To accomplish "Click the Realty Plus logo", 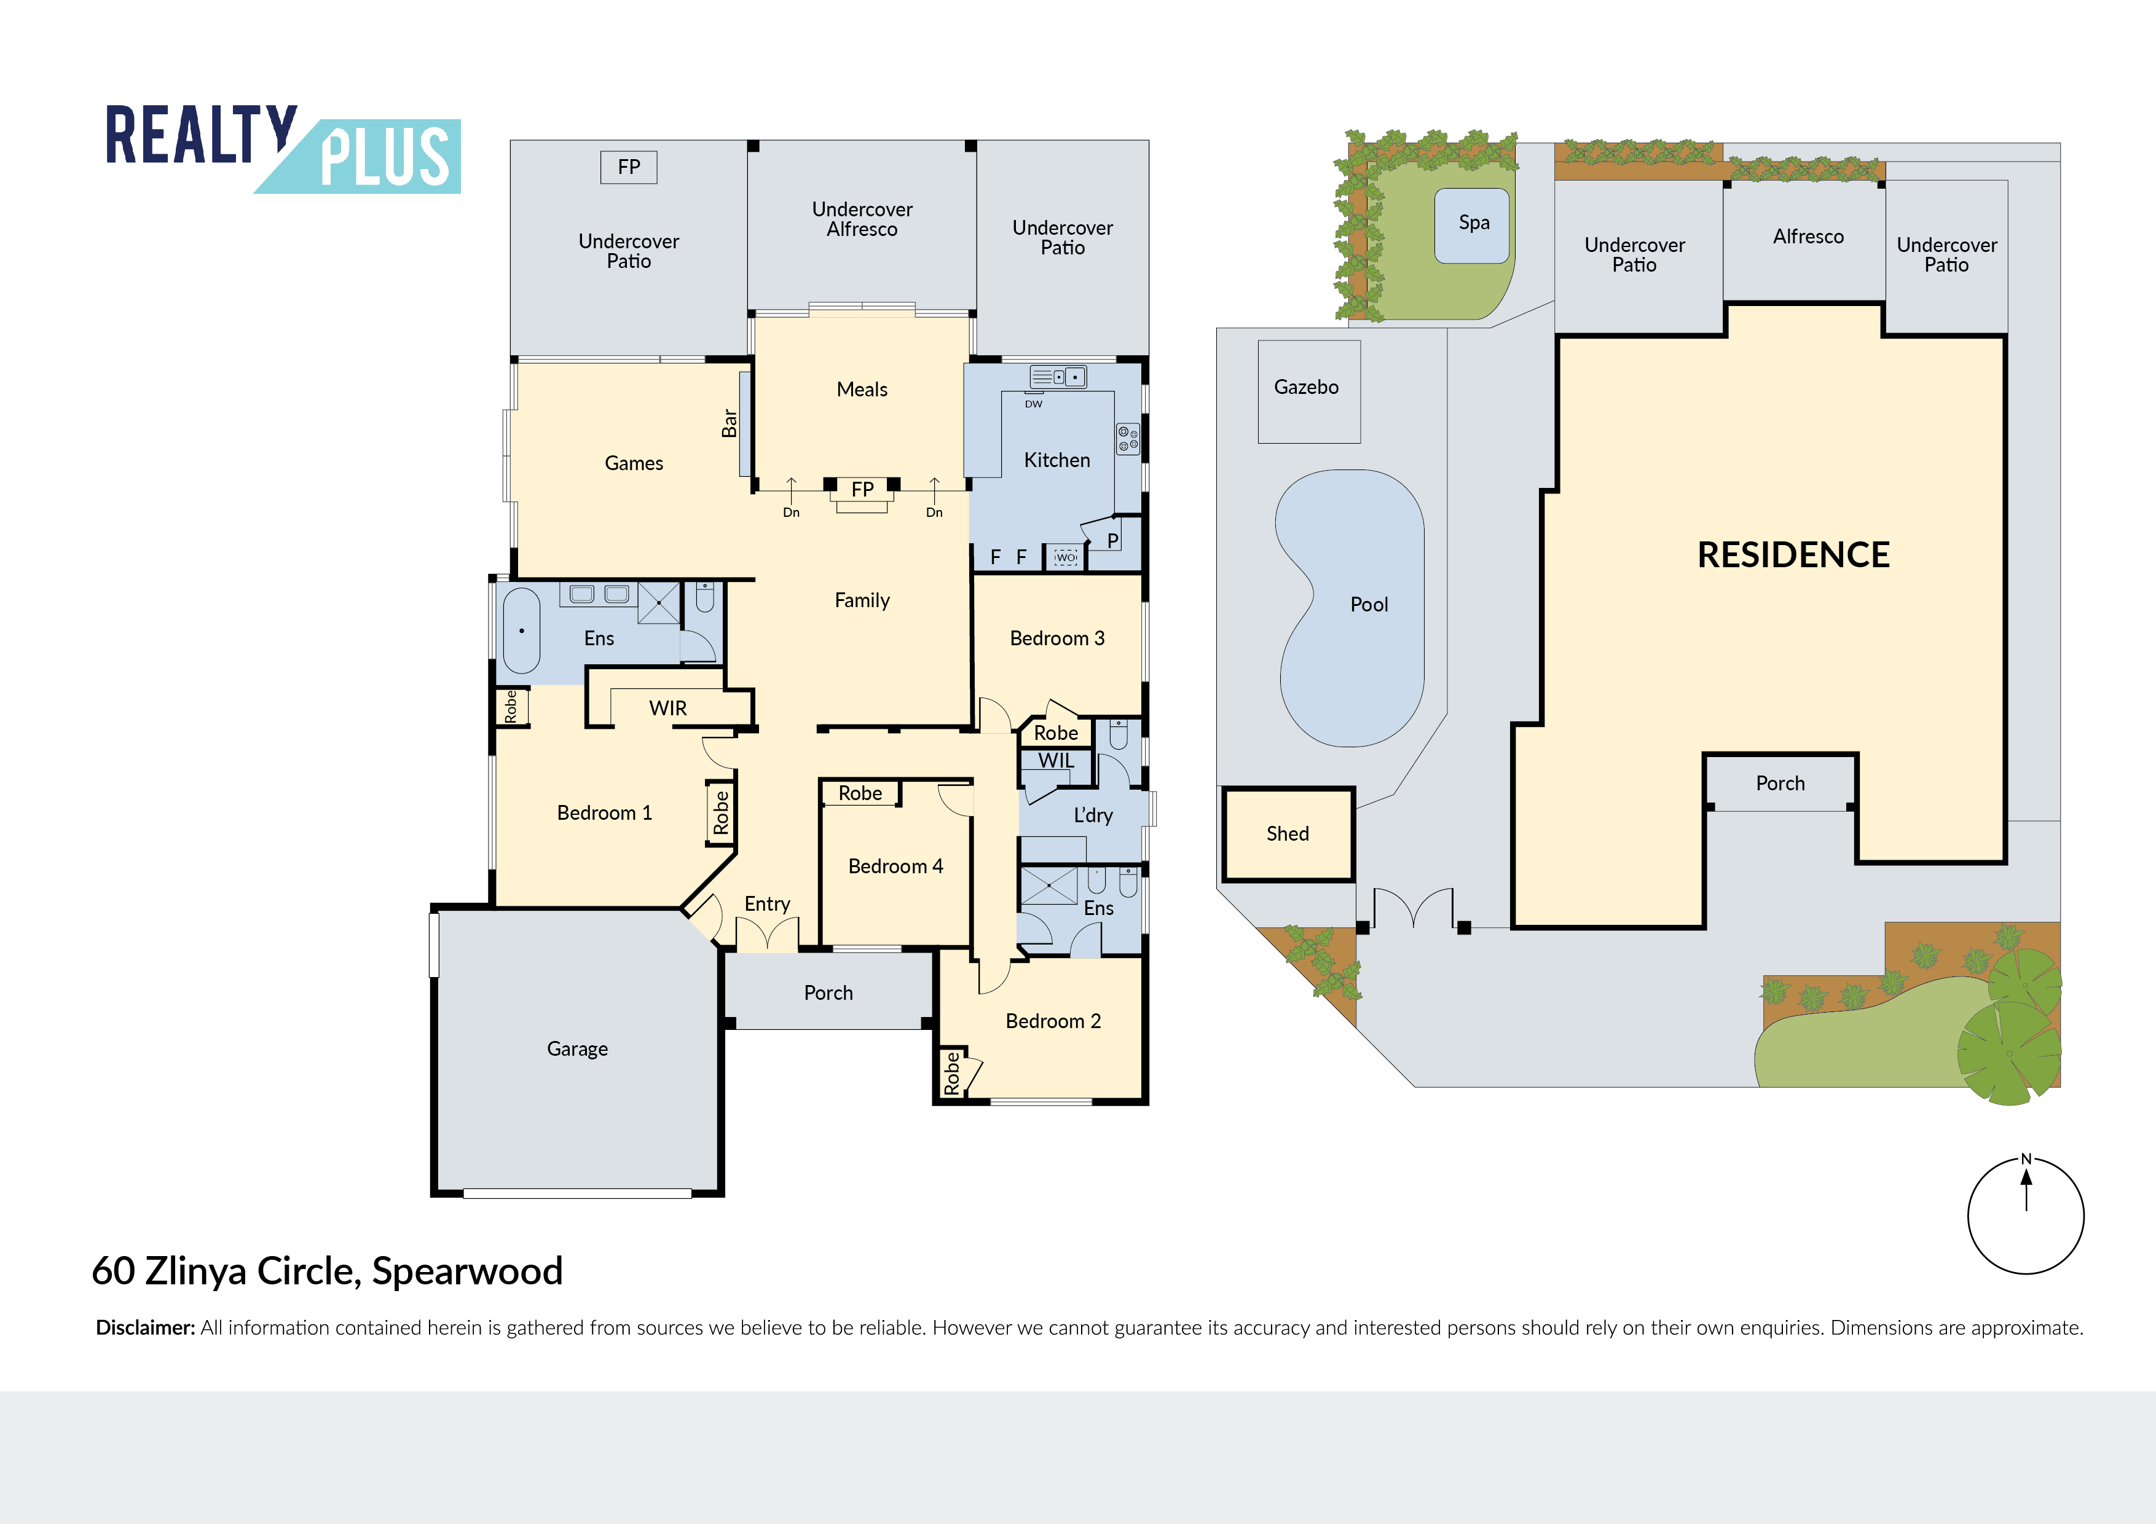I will click(281, 148).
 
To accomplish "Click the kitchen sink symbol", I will click(1057, 377).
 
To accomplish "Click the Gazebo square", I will click(1308, 391).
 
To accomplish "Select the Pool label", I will click(1368, 605).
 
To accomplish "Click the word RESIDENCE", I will click(1793, 555).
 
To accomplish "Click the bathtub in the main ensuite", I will click(521, 630).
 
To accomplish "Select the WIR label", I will click(667, 708).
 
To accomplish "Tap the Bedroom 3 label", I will click(1056, 638).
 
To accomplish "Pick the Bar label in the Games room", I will click(729, 423).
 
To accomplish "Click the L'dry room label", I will click(1092, 815).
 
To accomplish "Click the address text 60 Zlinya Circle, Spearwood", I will click(327, 1270).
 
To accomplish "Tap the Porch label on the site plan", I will click(1779, 783).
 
